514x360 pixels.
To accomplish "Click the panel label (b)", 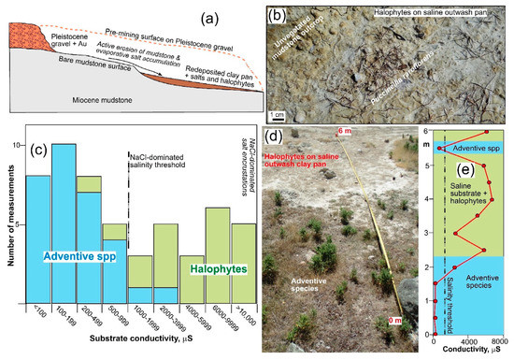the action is pos(277,14).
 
